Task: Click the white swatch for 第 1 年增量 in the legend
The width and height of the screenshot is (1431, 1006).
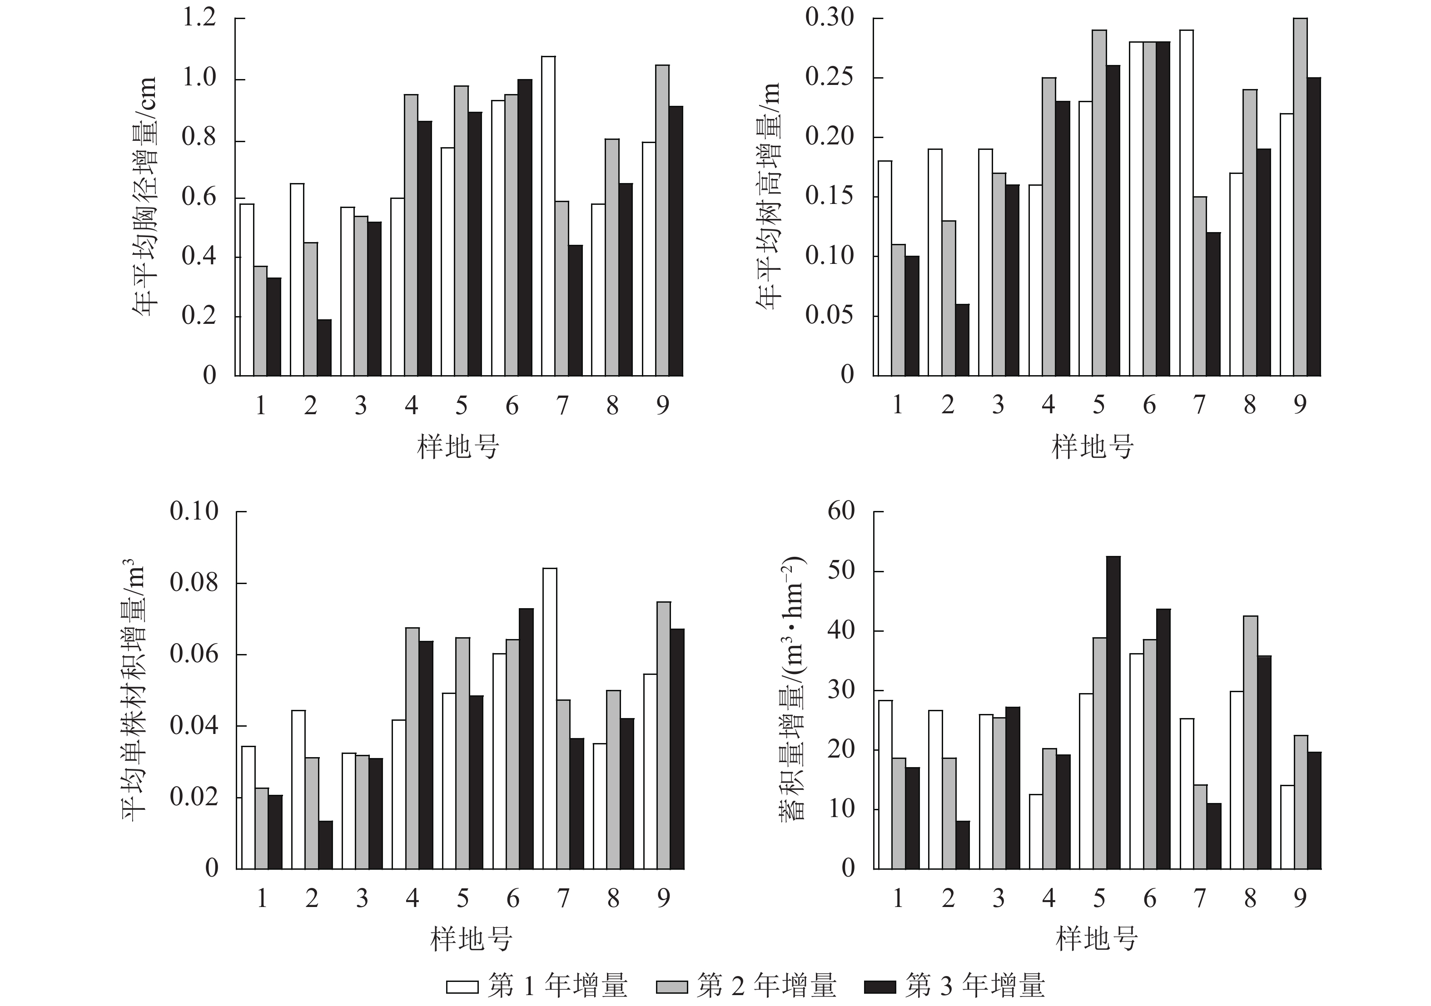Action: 462,986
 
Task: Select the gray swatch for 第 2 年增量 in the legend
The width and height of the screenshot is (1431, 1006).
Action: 671,986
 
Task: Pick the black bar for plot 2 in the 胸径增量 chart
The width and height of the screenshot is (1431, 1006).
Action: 324,347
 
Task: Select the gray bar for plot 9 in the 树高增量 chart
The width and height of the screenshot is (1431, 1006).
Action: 1300,197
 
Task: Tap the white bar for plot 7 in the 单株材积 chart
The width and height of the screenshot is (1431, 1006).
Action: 550,718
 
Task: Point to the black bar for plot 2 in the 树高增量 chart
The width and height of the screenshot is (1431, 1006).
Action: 962,340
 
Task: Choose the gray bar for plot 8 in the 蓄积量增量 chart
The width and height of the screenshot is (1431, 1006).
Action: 1250,742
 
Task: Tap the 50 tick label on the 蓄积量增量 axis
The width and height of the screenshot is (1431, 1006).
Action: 841,571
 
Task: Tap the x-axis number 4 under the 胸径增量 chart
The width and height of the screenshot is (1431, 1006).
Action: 411,406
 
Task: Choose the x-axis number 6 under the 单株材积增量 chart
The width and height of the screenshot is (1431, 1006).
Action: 512,898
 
